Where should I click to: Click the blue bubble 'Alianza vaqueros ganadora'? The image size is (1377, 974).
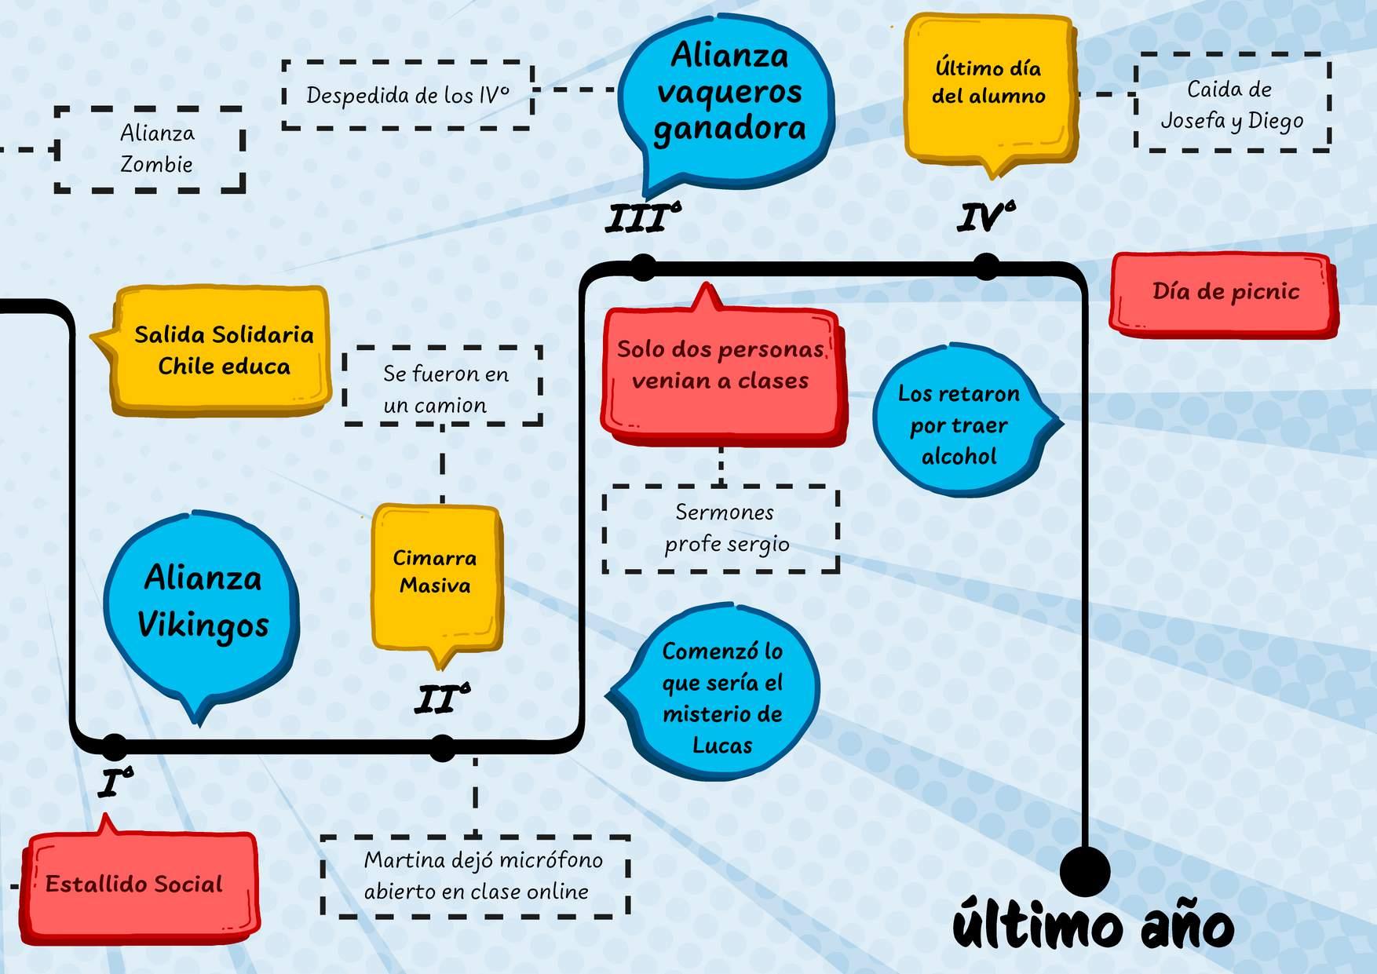click(x=728, y=93)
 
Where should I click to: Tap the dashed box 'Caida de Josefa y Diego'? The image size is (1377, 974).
click(x=1232, y=103)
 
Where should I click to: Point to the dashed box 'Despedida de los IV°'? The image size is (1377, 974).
click(x=407, y=95)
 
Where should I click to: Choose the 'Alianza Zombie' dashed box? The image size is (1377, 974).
click(x=151, y=149)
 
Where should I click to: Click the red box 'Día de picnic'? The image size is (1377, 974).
click(x=1225, y=293)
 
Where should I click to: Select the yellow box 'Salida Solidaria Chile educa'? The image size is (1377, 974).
click(x=223, y=350)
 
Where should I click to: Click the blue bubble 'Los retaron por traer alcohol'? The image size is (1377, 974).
click(x=959, y=425)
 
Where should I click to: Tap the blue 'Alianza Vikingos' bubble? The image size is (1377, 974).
click(x=203, y=604)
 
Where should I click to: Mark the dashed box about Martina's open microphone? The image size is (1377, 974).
click(x=476, y=876)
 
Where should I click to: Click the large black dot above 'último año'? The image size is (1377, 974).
click(x=1085, y=870)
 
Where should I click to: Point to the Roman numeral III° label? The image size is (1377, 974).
click(x=641, y=218)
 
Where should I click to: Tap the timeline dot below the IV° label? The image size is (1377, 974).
click(x=986, y=266)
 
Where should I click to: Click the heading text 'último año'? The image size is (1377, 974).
click(x=1093, y=927)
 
